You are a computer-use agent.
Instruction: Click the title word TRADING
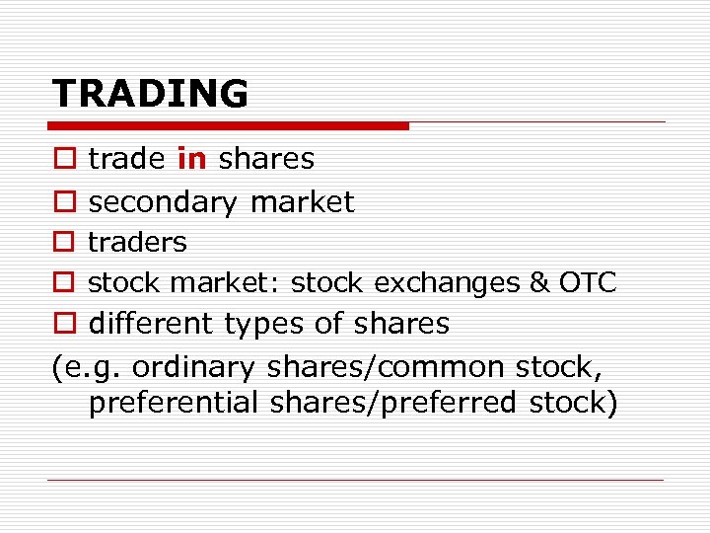click(150, 94)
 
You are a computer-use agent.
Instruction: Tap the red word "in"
click(192, 159)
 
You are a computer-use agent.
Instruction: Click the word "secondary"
click(164, 202)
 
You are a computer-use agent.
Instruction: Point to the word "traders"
click(137, 242)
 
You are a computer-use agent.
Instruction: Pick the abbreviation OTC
click(588, 283)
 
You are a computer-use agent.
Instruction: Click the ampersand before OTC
click(539, 283)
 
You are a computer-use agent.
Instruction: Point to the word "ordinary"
click(193, 367)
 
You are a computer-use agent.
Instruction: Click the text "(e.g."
click(87, 367)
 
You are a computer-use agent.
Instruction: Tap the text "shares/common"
click(386, 367)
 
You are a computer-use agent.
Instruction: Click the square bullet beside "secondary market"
click(63, 203)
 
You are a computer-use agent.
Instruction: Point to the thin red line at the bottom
click(355, 480)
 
